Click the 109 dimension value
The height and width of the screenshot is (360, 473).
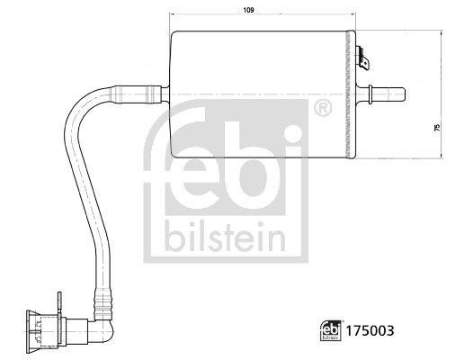223,11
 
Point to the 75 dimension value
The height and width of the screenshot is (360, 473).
437,129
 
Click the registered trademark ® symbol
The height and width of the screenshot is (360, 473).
321,111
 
